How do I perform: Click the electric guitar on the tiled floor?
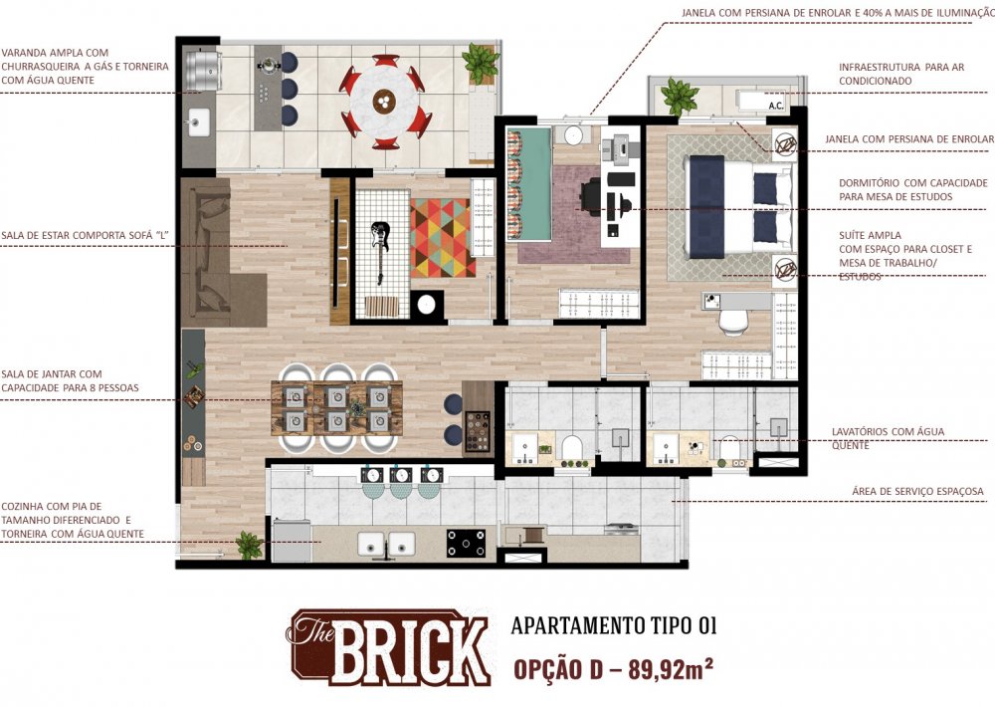380,252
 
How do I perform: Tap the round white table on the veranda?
383,102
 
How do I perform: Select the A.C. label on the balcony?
776,106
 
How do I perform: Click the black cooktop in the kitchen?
466,543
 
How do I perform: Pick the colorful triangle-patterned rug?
443,238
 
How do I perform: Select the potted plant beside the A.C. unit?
679,96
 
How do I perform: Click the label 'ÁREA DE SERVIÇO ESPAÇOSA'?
917,491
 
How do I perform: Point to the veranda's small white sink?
199,121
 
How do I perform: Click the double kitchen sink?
386,545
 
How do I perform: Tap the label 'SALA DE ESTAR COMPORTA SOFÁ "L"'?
86,235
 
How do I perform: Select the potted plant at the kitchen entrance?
250,545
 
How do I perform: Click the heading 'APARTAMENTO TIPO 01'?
614,625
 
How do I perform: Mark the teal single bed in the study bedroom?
530,184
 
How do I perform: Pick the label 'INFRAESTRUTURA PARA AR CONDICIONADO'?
901,74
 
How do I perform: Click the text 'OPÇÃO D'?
558,670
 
